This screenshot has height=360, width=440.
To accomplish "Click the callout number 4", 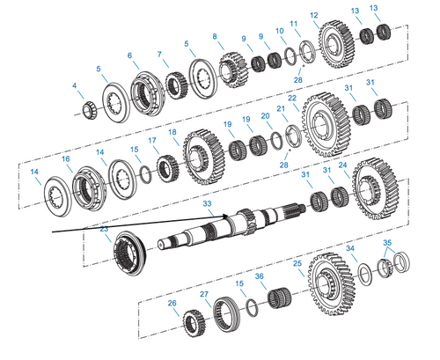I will [75, 85].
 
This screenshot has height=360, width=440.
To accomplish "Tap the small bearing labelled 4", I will [89, 109].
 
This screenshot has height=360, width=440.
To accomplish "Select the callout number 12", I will [314, 15].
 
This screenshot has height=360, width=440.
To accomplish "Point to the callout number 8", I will [214, 36].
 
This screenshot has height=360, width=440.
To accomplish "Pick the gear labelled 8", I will [230, 68].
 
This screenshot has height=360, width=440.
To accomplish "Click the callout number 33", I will [208, 203].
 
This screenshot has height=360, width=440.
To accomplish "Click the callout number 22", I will [292, 98].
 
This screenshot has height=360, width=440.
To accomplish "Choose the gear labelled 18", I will [204, 157].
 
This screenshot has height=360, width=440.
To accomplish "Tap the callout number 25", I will [297, 263].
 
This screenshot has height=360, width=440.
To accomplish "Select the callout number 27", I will [204, 294].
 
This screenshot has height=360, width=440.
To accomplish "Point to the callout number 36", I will [259, 276].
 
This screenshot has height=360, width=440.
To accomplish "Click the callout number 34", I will [349, 249].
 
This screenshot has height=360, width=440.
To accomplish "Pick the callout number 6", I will [130, 55].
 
